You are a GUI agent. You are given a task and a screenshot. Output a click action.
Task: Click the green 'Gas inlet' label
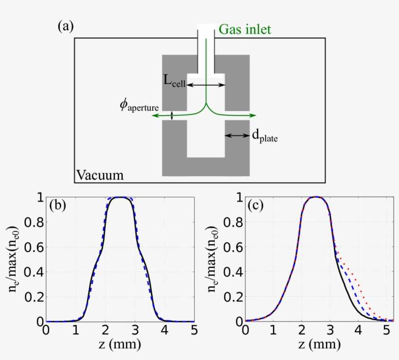pyautogui.click(x=245, y=29)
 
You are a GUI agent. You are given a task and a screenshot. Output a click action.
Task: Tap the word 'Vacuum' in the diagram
pyautogui.click(x=100, y=174)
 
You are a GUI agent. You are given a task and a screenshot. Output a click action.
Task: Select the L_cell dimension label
pyautogui.click(x=174, y=82)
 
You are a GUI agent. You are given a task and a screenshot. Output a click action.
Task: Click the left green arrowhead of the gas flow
pyautogui.click(x=154, y=116)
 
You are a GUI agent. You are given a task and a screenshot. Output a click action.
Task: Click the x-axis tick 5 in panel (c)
pyautogui.click(x=386, y=330)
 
